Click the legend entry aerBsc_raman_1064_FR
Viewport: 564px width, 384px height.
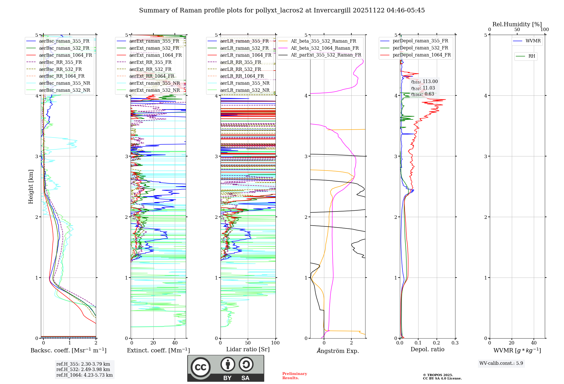(x=65, y=55)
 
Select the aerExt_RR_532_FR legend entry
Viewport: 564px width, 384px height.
(x=150, y=69)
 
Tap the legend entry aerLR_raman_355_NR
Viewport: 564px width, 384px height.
(x=244, y=83)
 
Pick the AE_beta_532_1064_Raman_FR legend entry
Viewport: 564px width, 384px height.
(x=325, y=48)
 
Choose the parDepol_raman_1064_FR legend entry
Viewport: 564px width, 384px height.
(x=422, y=55)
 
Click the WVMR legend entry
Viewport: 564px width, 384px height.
(x=533, y=41)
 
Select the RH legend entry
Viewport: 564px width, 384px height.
(x=532, y=56)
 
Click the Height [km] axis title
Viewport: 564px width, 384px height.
(x=31, y=187)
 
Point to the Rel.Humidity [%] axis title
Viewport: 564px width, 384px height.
(x=517, y=25)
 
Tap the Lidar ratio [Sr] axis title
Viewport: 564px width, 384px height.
(x=248, y=350)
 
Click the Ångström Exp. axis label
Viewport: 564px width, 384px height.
(x=338, y=351)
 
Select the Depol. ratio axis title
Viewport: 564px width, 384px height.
(x=427, y=350)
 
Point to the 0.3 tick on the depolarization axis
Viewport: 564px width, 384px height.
(x=455, y=343)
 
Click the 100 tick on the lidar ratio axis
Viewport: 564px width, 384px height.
(x=275, y=343)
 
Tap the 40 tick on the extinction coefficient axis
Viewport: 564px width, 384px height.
(x=175, y=343)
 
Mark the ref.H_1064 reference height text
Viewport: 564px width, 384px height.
(x=84, y=375)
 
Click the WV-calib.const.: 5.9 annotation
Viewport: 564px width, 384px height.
(x=501, y=363)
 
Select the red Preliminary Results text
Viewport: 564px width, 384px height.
(x=294, y=376)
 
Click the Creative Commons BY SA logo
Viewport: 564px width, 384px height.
(x=226, y=368)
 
